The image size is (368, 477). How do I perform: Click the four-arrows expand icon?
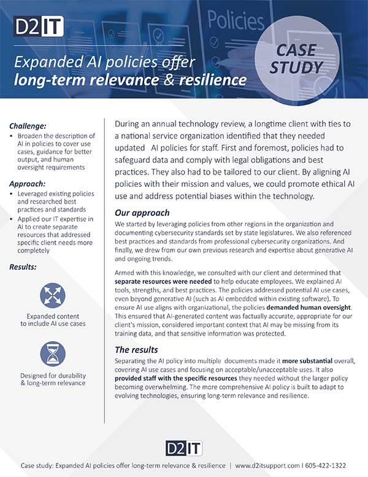click(x=57, y=294)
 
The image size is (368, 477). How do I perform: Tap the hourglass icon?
click(x=57, y=355)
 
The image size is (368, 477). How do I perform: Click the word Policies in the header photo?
click(x=236, y=19)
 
